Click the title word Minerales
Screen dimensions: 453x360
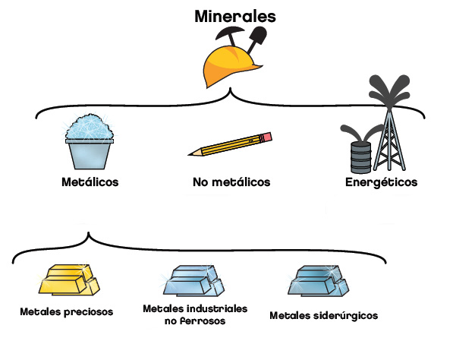(x=235, y=16)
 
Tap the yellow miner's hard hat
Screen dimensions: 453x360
(x=230, y=67)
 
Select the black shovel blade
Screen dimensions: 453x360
(x=259, y=34)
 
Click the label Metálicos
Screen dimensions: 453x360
(x=90, y=182)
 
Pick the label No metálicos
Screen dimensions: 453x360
(x=231, y=182)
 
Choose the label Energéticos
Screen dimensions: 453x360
(x=382, y=182)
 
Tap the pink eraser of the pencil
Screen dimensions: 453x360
(x=267, y=137)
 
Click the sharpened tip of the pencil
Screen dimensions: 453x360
(x=190, y=154)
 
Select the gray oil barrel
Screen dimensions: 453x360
(x=360, y=157)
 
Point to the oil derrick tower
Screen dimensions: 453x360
(x=389, y=139)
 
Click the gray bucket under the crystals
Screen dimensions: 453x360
(x=90, y=154)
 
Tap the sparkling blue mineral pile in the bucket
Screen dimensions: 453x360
(x=90, y=128)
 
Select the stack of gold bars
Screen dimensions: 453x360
(x=69, y=280)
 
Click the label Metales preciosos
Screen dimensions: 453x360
(x=67, y=311)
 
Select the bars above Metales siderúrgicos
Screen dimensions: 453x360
(x=319, y=281)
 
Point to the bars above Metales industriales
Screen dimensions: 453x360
(x=193, y=280)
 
